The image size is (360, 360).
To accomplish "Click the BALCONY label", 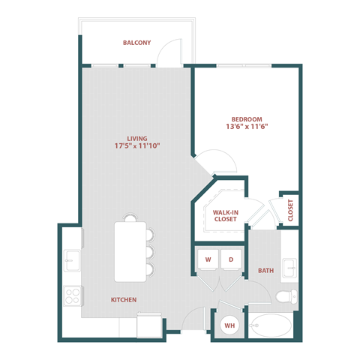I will point(137,43).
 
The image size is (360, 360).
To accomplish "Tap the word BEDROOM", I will point(246,119).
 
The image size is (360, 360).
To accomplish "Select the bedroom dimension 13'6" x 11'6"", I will point(246,127).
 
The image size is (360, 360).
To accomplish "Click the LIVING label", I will point(136,139).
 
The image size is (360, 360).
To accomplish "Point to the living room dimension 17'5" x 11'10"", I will point(136,147).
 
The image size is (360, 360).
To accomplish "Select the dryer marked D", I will point(231,259).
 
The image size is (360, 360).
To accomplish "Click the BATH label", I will point(265,270).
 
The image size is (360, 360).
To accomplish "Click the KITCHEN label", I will point(124,300).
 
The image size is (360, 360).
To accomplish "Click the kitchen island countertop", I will point(124,248).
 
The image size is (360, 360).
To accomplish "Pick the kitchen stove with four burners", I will point(73,295).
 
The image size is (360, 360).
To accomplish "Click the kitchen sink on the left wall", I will point(73,261).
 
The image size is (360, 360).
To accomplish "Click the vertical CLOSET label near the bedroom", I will point(290,211).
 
